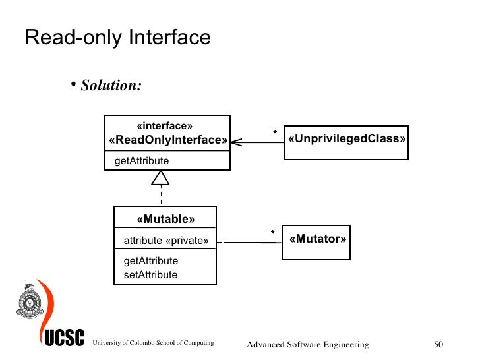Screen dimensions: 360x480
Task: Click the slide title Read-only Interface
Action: pyautogui.click(x=117, y=38)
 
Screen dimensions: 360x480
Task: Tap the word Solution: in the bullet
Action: pyautogui.click(x=111, y=86)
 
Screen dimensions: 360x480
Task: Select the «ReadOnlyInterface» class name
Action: pyautogui.click(x=167, y=140)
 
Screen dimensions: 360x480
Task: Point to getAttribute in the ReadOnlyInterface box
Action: pyautogui.click(x=142, y=161)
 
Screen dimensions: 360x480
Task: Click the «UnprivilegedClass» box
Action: pyautogui.click(x=346, y=142)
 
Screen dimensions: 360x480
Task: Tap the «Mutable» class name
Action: pyautogui.click(x=165, y=219)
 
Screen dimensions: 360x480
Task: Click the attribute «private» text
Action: pyautogui.click(x=165, y=241)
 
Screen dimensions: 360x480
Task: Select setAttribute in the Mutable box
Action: pyautogui.click(x=150, y=274)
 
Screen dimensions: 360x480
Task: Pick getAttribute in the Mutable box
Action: pyautogui.click(x=150, y=261)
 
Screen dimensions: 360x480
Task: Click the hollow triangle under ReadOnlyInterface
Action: pyautogui.click(x=161, y=177)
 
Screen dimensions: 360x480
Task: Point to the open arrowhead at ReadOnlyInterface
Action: pyautogui.click(x=236, y=141)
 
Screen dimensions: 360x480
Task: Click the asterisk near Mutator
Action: pyautogui.click(x=272, y=233)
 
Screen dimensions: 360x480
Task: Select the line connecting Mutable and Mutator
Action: pyautogui.click(x=250, y=242)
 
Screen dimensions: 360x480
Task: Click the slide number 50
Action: pyautogui.click(x=440, y=345)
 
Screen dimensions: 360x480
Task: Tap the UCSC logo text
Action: pyautogui.click(x=65, y=339)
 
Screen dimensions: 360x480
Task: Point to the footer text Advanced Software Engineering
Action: pyautogui.click(x=307, y=345)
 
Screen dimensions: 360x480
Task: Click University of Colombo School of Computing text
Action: pyautogui.click(x=153, y=343)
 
